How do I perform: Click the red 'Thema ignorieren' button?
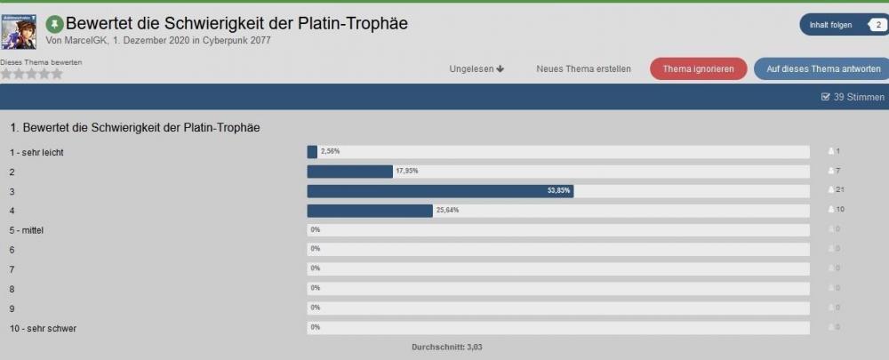point(698,68)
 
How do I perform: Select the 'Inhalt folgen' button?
point(830,25)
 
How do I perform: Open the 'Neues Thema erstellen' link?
point(583,68)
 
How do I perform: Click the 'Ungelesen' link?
point(477,68)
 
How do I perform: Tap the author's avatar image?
point(19,31)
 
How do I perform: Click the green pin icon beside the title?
point(54,24)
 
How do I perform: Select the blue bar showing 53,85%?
point(440,191)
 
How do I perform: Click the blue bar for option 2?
point(349,172)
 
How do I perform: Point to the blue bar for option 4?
point(369,211)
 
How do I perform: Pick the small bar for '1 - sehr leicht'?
point(312,152)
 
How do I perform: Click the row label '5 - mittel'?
point(28,230)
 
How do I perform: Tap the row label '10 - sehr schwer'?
point(43,328)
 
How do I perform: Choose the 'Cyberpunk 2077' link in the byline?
point(235,41)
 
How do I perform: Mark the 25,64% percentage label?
point(447,211)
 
